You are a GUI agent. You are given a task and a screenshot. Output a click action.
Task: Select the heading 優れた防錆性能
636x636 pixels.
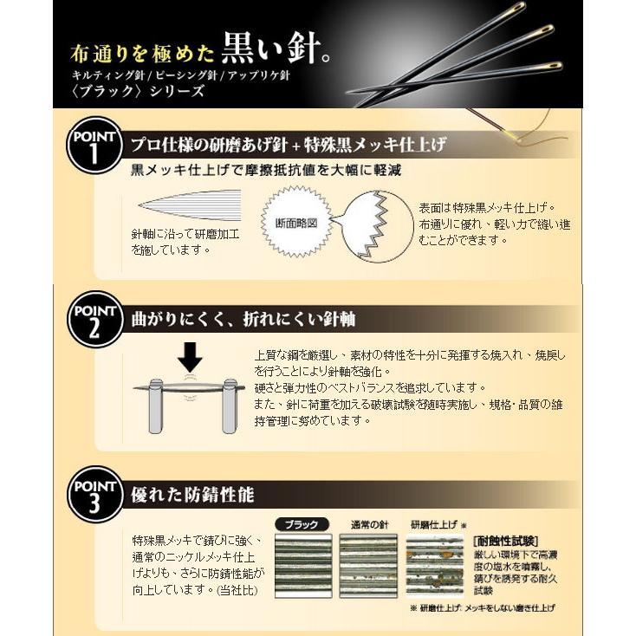click(191, 496)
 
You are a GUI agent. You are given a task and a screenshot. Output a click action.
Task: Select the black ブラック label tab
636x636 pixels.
click(301, 524)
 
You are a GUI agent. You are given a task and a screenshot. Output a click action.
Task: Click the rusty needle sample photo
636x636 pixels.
click(437, 562)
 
